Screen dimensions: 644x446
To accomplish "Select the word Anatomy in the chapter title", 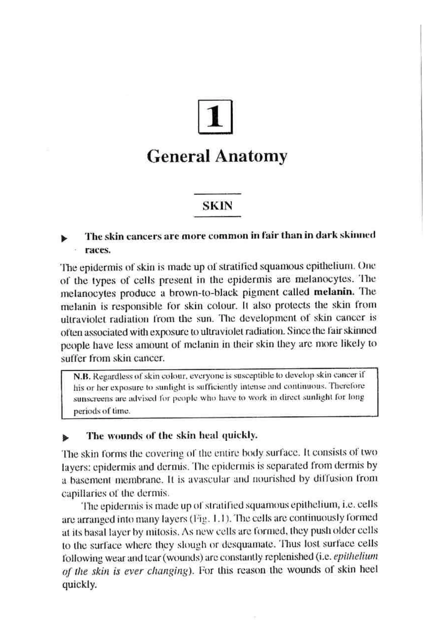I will coord(251,157).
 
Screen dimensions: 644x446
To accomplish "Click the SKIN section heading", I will coord(217,206).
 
